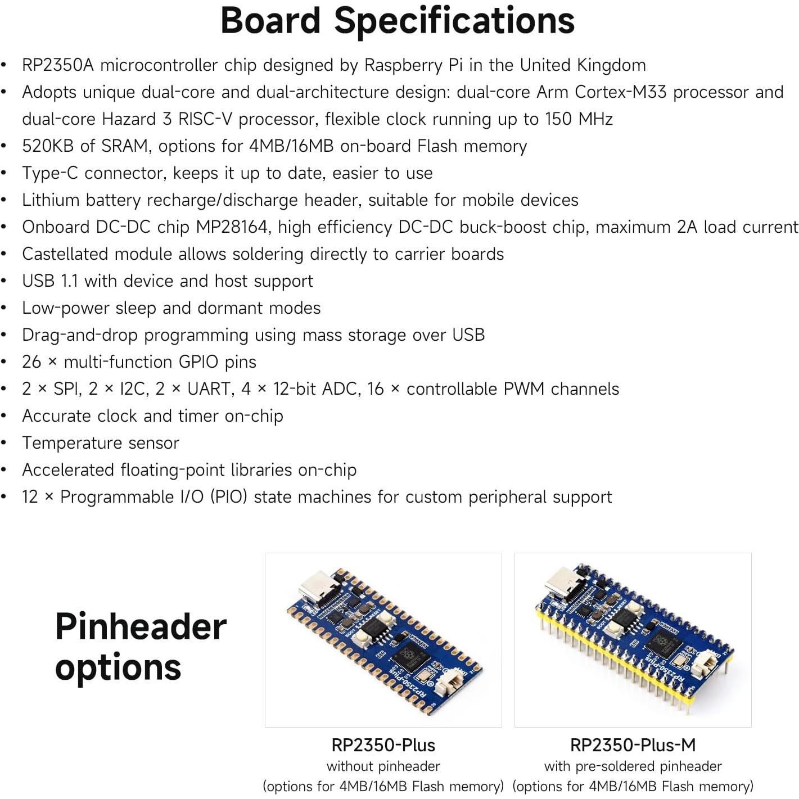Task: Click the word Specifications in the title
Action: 454,21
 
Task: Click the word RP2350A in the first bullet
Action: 57,65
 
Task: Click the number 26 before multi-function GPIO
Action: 31,362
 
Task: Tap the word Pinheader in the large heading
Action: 141,627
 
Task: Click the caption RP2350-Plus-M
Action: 633,746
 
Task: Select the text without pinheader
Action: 383,766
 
